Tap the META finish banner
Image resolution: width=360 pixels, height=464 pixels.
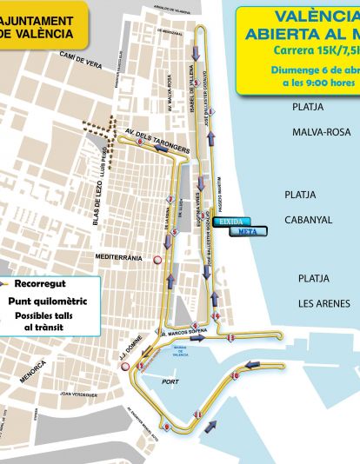point(248,231)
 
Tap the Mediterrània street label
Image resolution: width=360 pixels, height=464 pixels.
point(118,257)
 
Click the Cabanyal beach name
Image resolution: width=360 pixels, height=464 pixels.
point(308,220)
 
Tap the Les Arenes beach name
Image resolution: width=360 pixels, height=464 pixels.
point(323,303)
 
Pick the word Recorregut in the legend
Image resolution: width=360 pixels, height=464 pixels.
point(40,283)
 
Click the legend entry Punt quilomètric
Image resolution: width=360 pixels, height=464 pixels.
point(43,300)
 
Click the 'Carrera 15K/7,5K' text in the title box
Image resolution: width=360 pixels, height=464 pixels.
point(313,50)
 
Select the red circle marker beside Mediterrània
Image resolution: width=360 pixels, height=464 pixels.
point(157,259)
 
